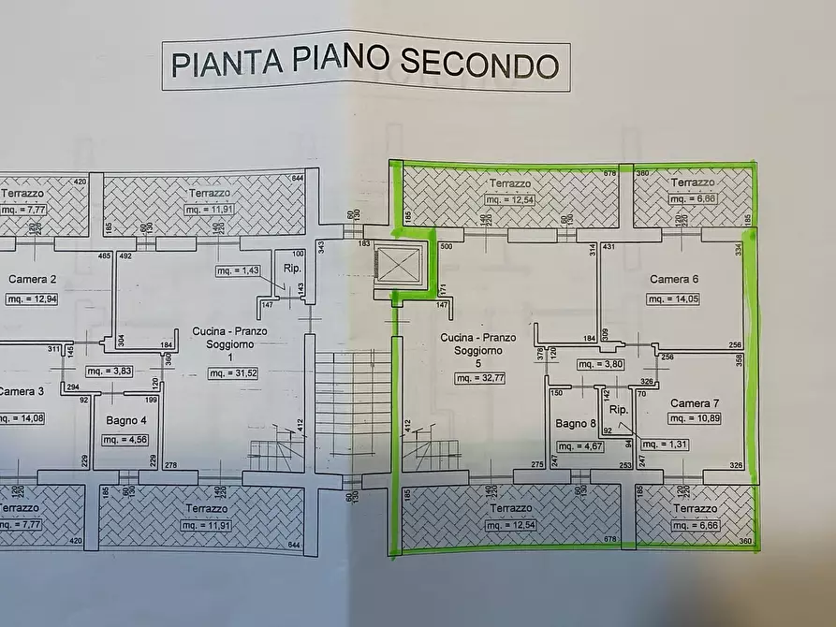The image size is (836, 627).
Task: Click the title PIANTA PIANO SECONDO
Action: [365, 65]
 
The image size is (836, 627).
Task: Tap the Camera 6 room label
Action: [674, 279]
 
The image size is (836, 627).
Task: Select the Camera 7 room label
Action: [696, 403]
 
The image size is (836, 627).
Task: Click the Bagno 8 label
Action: [574, 423]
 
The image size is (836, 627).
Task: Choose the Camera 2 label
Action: [32, 279]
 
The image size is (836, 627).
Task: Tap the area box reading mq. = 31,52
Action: [233, 373]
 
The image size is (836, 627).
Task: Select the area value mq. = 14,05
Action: [674, 299]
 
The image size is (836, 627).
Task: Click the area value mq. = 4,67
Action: [574, 446]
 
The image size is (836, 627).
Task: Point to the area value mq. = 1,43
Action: [238, 270]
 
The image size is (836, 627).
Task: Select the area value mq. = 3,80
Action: [598, 365]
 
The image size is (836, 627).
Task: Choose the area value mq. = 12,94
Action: [32, 299]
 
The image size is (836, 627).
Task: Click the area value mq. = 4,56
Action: [123, 440]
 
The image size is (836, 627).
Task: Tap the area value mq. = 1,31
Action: [663, 445]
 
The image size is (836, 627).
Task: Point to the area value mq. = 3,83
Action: [110, 371]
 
